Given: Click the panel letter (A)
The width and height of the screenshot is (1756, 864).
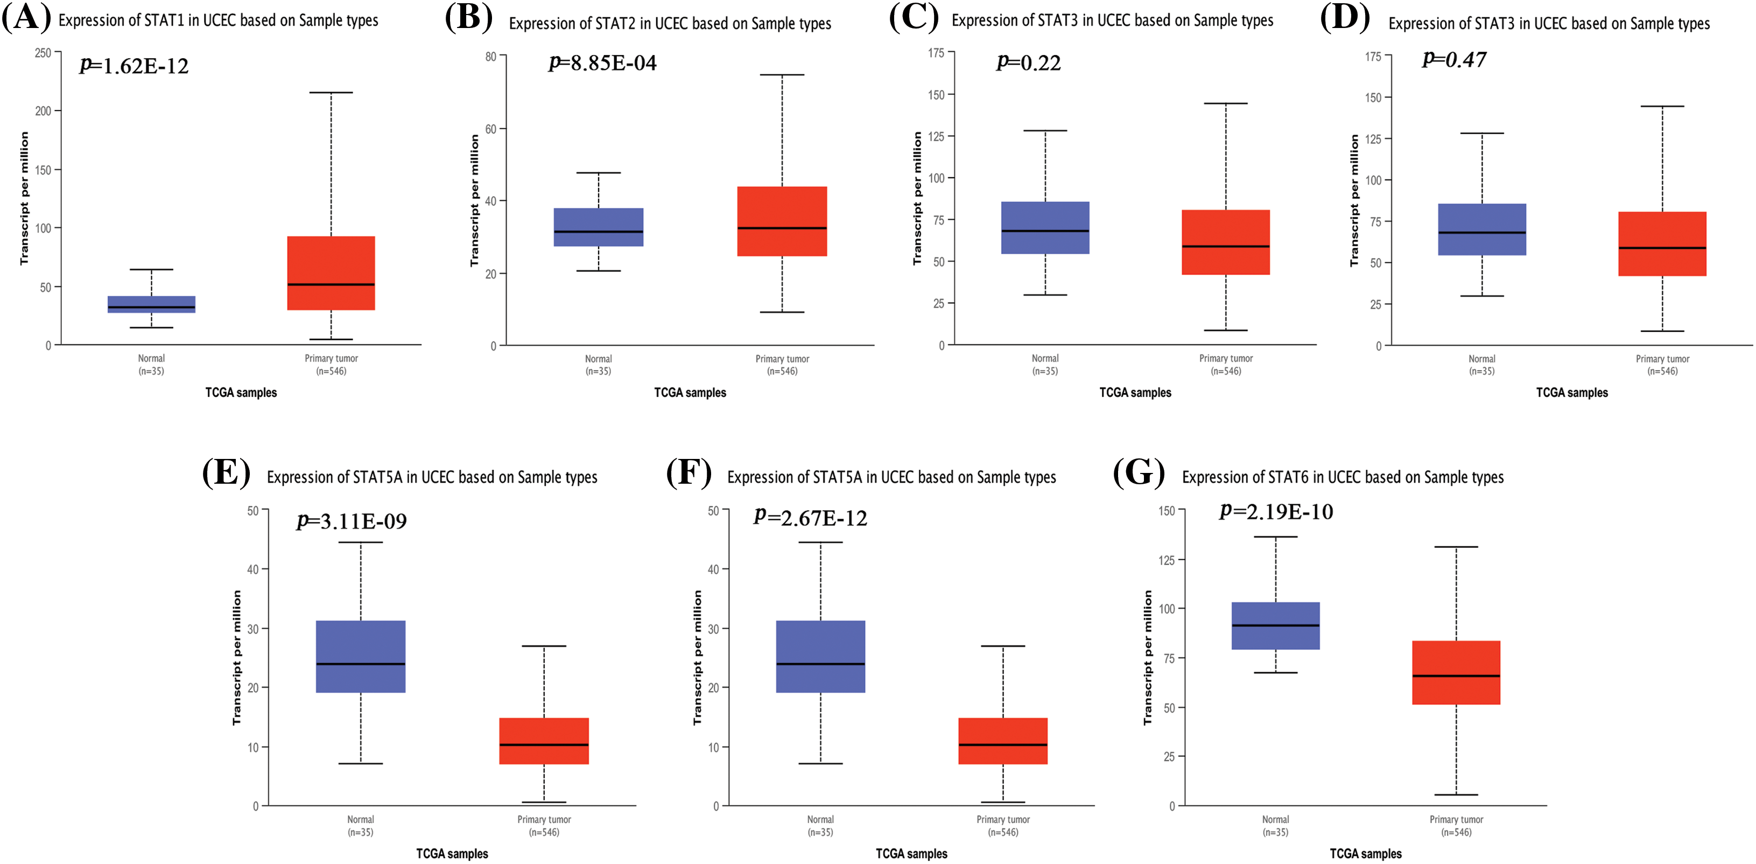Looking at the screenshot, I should click(26, 18).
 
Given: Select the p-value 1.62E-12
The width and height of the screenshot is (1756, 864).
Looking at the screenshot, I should click(134, 66).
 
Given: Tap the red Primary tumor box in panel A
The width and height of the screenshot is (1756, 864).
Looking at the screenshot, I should click(331, 273).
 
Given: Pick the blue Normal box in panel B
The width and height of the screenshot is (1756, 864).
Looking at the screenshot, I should click(598, 227).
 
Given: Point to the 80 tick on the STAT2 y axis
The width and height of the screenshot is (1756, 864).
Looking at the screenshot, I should click(491, 56).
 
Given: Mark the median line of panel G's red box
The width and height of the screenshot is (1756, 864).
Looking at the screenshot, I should click(1456, 676).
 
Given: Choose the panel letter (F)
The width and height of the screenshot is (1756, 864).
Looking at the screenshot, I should click(689, 472).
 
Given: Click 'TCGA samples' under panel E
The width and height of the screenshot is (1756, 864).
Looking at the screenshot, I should click(452, 854).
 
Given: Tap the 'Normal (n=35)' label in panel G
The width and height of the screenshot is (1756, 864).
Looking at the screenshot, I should click(1275, 825).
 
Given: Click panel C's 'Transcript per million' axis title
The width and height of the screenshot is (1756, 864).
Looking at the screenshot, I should click(917, 198).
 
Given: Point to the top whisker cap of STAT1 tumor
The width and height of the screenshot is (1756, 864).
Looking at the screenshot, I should click(331, 92).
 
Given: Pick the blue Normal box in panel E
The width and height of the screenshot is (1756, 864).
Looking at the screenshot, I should click(361, 656).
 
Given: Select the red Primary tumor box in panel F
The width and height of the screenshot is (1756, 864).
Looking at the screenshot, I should click(1003, 741).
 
